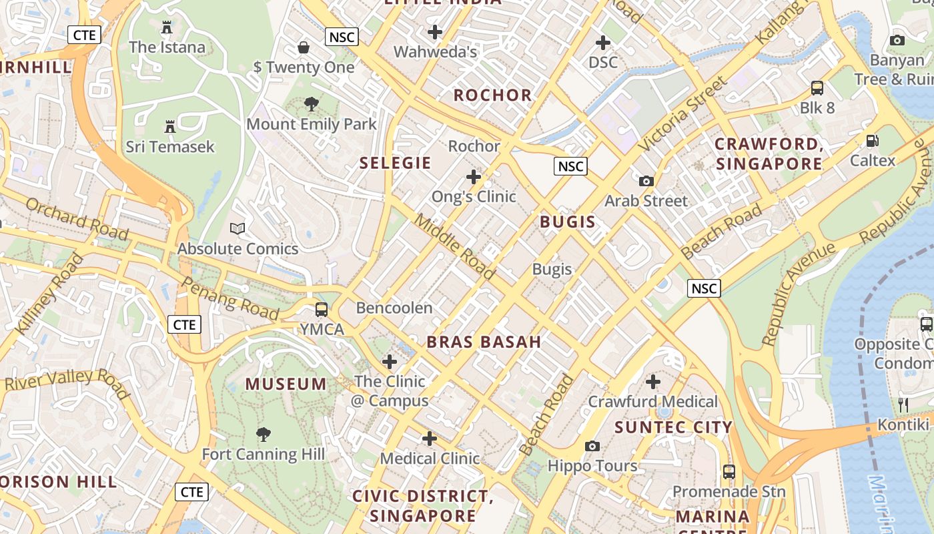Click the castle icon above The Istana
(167, 27)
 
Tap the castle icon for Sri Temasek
(170, 126)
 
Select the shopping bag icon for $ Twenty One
(304, 47)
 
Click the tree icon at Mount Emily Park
(311, 104)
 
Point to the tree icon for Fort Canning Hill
(264, 435)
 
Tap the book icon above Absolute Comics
(238, 229)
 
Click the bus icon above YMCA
(322, 310)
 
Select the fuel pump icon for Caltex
(872, 141)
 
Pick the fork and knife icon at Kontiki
(903, 405)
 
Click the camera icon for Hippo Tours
(592, 446)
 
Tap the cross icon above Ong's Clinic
(474, 177)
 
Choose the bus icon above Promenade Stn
(729, 472)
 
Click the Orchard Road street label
(77, 218)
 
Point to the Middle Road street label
(456, 246)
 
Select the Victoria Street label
(682, 113)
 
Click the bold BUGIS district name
(567, 222)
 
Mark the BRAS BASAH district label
(484, 342)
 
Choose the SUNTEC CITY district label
(673, 427)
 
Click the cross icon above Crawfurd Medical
(653, 382)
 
